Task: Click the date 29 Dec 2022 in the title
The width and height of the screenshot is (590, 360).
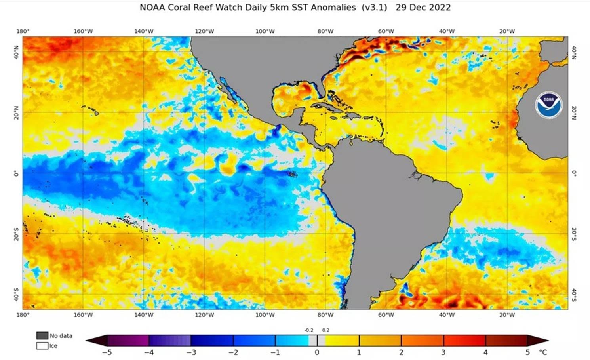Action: pos(423,8)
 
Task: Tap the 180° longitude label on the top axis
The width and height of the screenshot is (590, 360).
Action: pos(23,31)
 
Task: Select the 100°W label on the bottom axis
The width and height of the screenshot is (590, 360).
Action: pos(265,315)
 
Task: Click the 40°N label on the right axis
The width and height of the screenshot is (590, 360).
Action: pos(574,52)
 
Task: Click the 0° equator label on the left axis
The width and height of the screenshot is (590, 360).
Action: pos(16,173)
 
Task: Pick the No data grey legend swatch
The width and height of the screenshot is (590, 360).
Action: pos(42,335)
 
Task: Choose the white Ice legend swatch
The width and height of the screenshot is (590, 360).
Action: pos(42,346)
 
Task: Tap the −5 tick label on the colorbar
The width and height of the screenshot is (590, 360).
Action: pos(106,352)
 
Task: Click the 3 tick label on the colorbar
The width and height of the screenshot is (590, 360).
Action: pos(443,352)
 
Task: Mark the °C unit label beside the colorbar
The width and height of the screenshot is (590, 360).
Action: pos(543,352)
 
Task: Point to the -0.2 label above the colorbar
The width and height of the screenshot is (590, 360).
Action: pos(309,330)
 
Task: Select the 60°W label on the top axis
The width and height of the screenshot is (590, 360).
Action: pos(386,31)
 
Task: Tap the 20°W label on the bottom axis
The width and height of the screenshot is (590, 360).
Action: pos(507,315)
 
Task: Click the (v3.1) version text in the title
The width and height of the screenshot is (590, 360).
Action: pos(374,8)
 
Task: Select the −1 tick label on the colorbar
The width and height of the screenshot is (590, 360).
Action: pos(275,352)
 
